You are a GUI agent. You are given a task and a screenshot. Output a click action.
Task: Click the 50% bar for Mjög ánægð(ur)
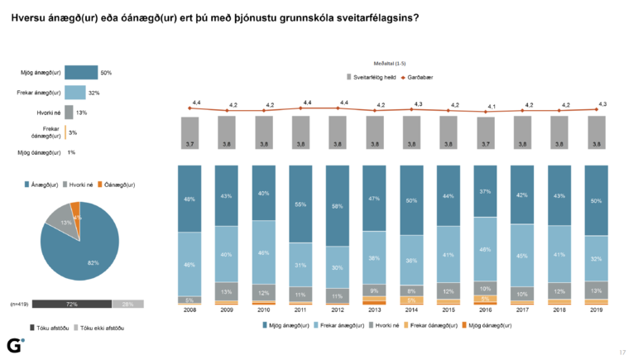[x=81, y=73]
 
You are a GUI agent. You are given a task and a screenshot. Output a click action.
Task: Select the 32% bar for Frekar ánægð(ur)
[x=74, y=93]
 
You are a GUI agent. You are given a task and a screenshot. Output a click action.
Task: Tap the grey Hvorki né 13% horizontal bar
[x=69, y=112]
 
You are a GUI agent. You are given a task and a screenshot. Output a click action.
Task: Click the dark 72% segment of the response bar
[x=71, y=305]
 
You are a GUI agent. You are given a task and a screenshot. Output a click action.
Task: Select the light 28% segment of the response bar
[x=127, y=305]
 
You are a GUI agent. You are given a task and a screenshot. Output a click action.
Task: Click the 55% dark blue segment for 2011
[x=301, y=203]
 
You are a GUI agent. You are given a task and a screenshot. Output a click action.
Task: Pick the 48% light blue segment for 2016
[x=486, y=250]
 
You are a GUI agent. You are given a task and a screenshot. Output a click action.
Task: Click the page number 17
[x=622, y=352]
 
